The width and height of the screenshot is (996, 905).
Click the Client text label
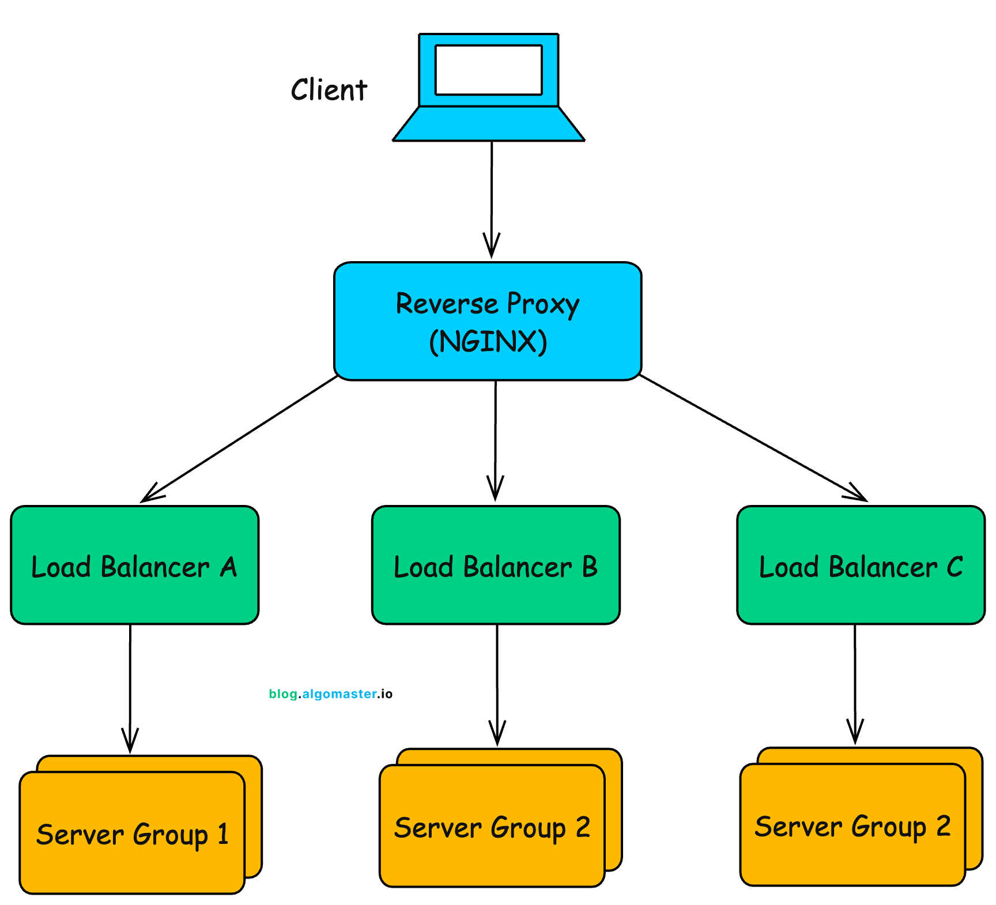coord(329,90)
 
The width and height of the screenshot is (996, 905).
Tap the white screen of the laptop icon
coord(488,70)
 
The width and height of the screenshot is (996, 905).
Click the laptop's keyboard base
coord(488,124)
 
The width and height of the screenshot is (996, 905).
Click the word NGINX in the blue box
coord(488,341)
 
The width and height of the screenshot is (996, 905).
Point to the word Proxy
coord(542,304)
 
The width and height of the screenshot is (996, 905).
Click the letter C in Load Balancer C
coord(954,567)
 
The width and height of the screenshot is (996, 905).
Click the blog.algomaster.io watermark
coord(330,694)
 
